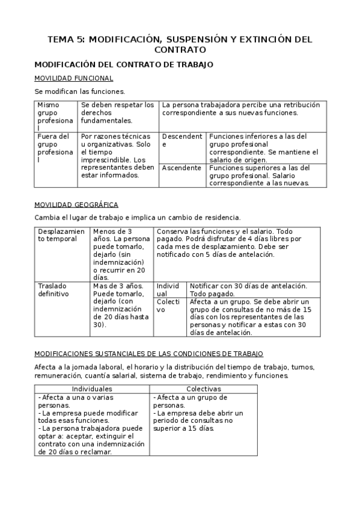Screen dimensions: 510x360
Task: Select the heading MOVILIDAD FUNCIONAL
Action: tap(73, 78)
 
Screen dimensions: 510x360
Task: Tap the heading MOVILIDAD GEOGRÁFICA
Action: tap(76, 205)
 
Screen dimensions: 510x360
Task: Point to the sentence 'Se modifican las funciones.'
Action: tap(79, 91)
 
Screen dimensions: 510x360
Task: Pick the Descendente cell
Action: tap(182, 140)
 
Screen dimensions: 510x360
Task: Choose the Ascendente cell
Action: tap(182, 168)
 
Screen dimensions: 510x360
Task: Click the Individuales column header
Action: tap(91, 389)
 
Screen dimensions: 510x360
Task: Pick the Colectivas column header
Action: tap(203, 389)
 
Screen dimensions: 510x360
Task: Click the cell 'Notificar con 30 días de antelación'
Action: tap(248, 289)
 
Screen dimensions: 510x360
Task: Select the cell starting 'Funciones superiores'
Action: tap(259, 175)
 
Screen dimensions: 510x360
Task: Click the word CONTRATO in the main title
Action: tap(180, 50)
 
